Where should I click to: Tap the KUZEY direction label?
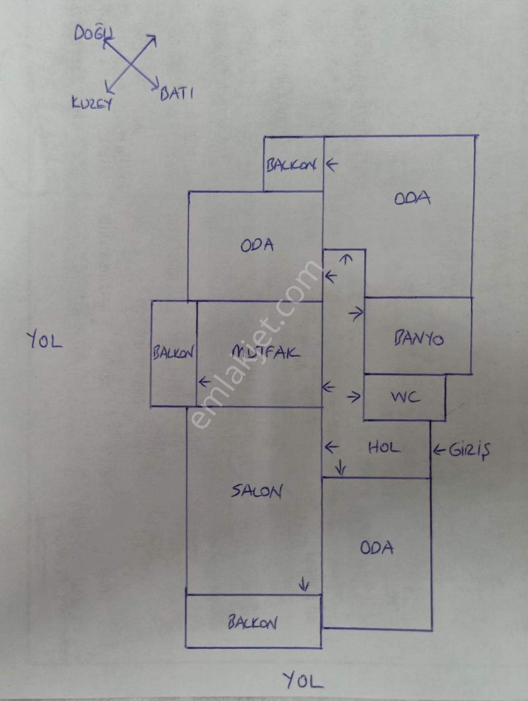click(x=92, y=104)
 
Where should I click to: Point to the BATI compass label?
click(x=177, y=94)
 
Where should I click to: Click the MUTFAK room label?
click(x=266, y=352)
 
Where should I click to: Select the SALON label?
click(x=257, y=492)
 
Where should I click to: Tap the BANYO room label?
click(x=419, y=339)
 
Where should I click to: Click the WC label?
click(x=405, y=397)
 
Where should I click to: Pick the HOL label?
click(x=384, y=448)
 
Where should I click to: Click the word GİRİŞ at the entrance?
click(x=469, y=450)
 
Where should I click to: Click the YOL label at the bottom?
click(x=303, y=680)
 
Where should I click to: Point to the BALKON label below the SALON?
click(x=253, y=623)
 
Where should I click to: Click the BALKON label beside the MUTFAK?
click(x=173, y=353)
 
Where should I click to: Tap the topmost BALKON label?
click(x=291, y=165)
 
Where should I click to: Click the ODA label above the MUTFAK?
click(x=257, y=245)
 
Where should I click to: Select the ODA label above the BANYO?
click(x=412, y=199)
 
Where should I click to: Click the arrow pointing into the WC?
click(x=354, y=397)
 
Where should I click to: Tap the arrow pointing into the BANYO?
click(x=356, y=313)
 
